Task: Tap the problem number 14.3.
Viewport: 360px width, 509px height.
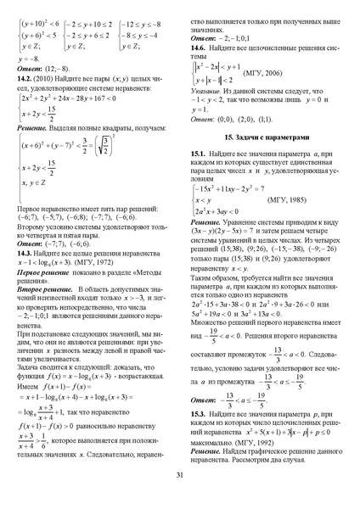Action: click(26, 253)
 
